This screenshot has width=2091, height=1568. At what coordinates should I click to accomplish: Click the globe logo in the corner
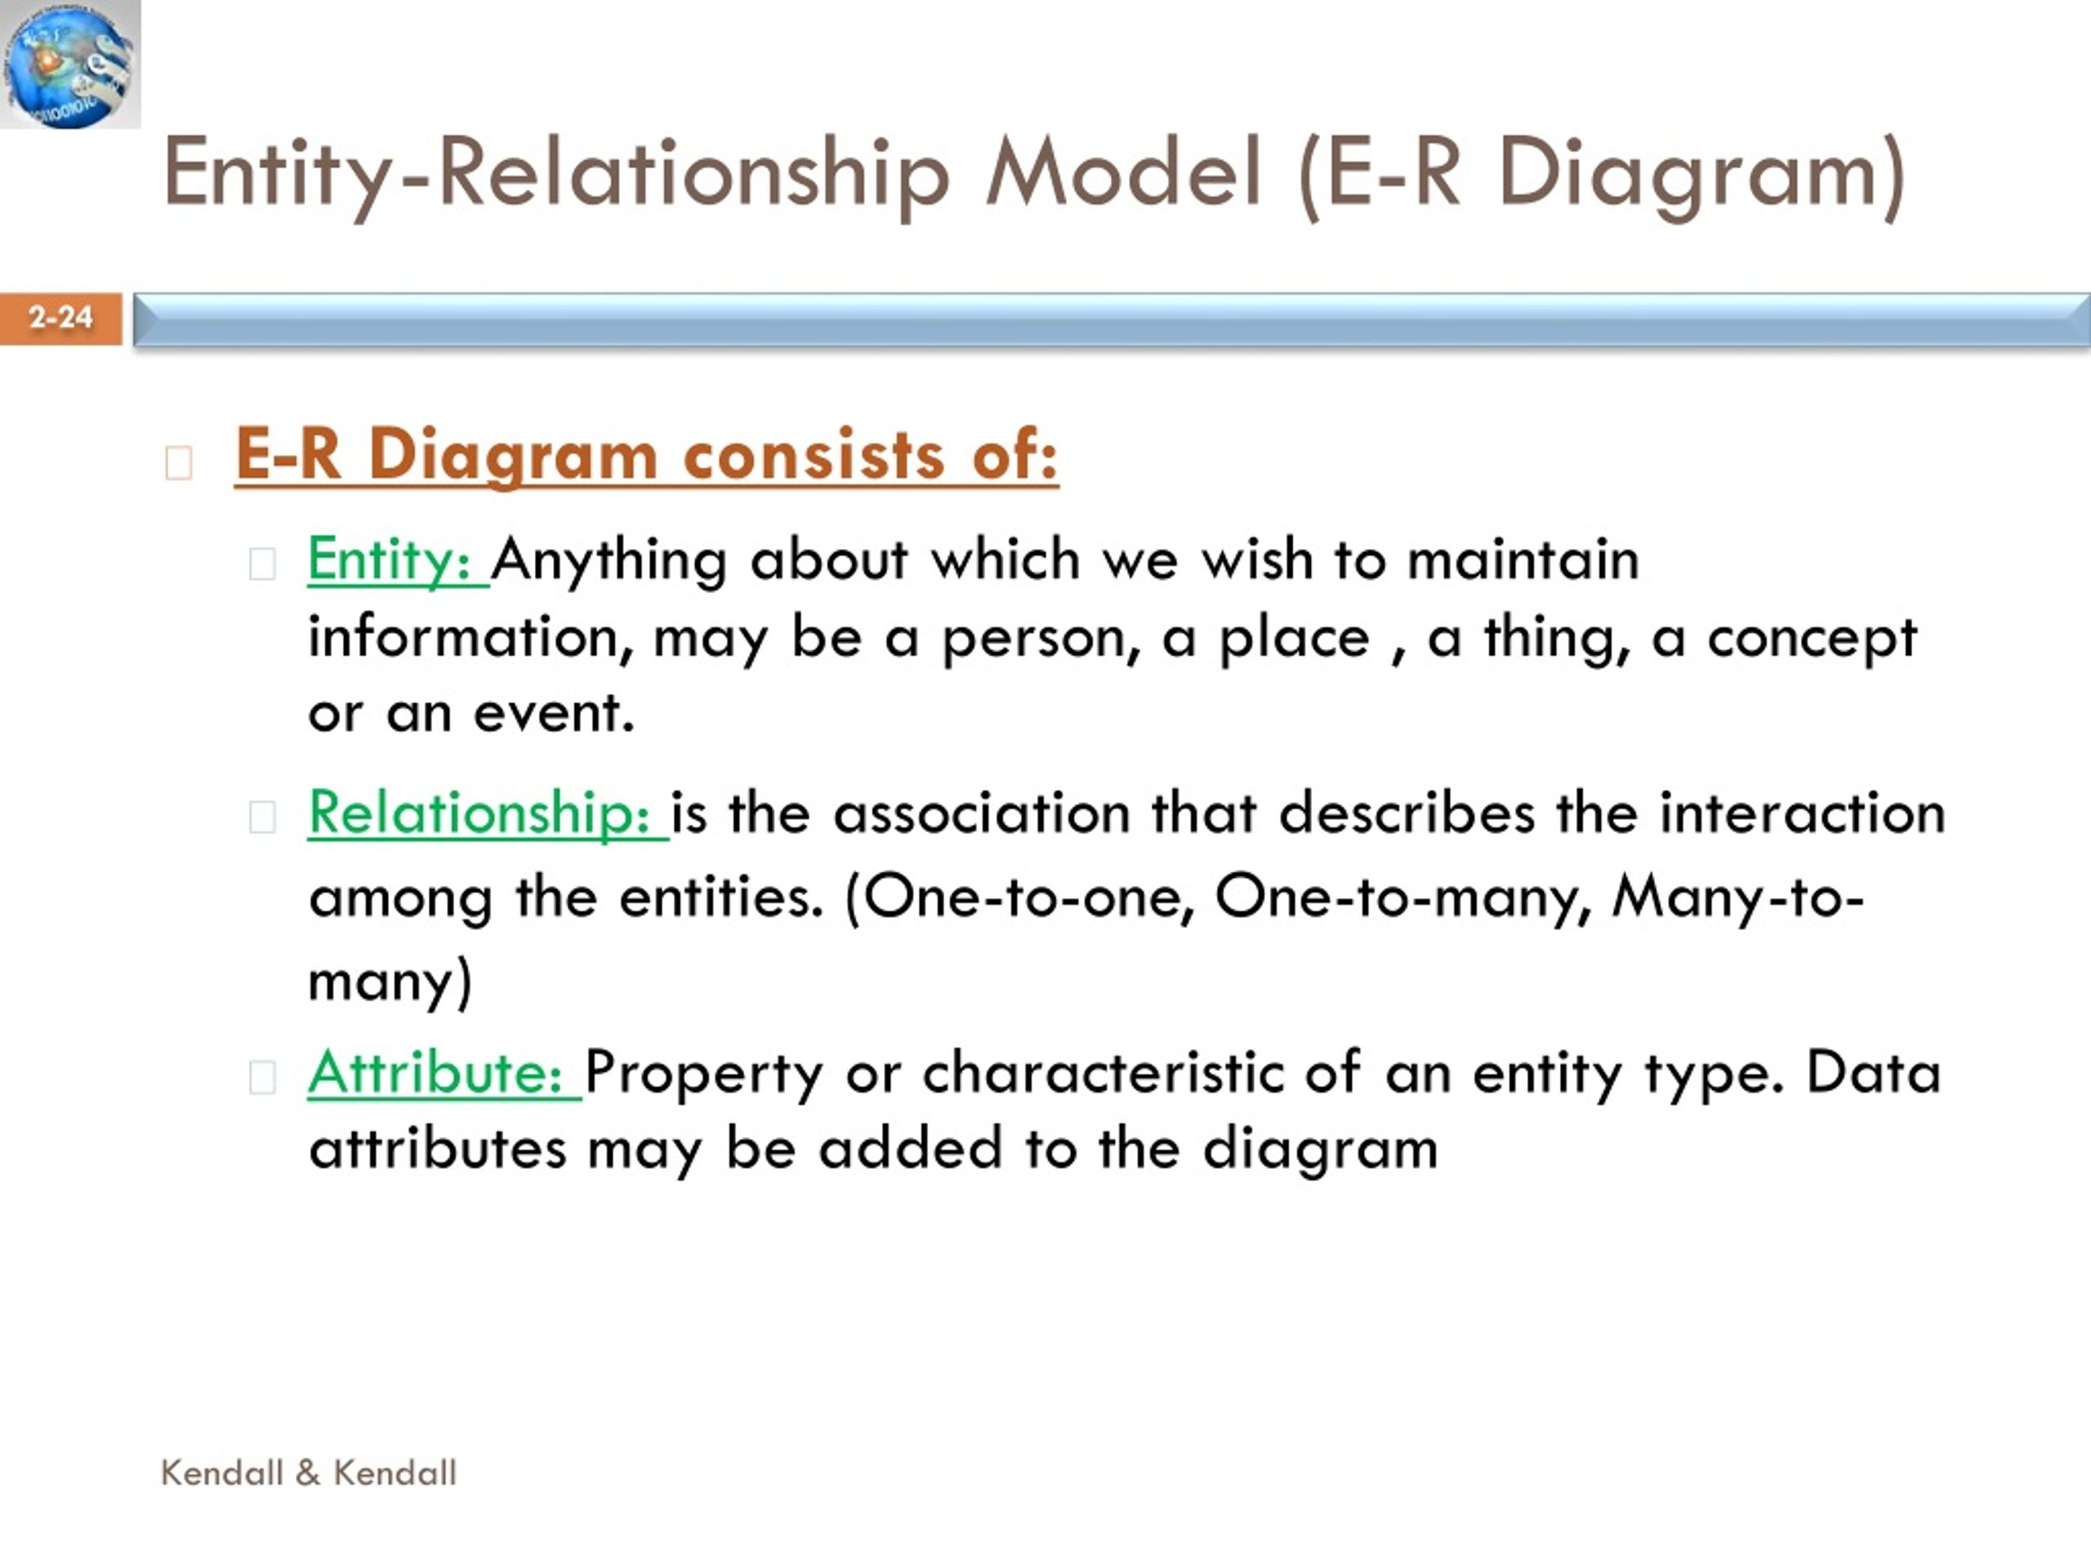(70, 65)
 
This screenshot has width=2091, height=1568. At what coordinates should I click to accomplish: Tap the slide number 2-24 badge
(60, 318)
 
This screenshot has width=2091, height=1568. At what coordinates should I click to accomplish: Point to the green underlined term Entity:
(397, 560)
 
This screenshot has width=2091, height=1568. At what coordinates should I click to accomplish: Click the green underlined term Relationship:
(488, 813)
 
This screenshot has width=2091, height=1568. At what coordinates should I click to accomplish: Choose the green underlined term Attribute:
(444, 1073)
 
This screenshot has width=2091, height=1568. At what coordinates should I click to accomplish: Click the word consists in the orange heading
(814, 455)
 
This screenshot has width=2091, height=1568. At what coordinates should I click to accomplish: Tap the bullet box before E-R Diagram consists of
(179, 463)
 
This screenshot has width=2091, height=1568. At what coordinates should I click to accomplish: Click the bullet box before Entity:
(262, 564)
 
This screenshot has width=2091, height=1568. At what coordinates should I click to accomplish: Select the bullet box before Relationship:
(262, 817)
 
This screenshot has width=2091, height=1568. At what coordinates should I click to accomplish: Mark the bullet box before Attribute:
(262, 1076)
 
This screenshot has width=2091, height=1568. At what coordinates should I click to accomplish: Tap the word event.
(554, 714)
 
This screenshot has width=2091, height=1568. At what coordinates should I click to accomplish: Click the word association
(981, 813)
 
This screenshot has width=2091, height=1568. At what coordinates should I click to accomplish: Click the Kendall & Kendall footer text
(309, 1472)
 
